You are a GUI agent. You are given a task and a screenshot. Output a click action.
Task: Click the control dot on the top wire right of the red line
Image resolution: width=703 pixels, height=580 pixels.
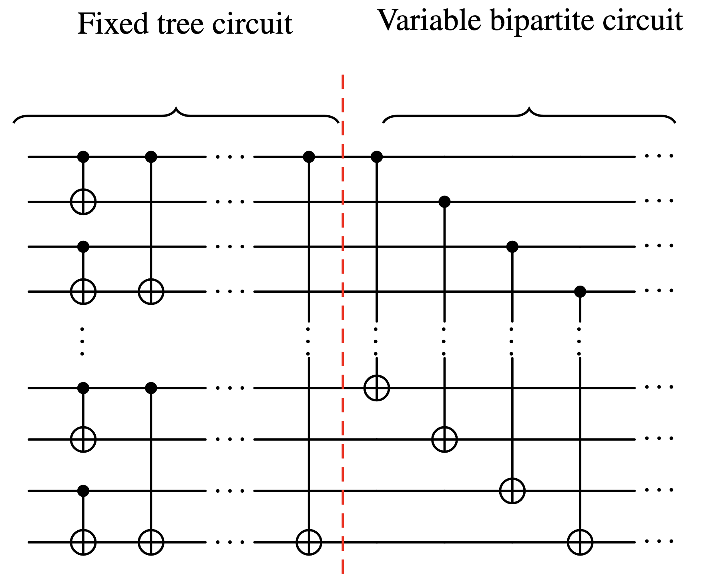377,157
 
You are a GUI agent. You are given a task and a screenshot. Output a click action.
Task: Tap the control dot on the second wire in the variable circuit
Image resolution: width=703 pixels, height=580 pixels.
444,201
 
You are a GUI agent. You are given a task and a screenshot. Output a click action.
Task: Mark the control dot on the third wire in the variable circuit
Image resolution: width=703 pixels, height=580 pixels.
512,246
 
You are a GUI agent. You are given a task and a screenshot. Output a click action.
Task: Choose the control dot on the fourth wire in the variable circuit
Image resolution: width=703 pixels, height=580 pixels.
580,291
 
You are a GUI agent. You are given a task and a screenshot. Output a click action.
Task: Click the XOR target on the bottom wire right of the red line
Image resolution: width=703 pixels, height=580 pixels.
580,542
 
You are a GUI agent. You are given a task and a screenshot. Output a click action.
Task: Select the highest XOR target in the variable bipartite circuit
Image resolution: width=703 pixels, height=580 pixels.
377,388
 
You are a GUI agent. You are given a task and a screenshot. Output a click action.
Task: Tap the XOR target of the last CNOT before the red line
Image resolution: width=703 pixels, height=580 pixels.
309,542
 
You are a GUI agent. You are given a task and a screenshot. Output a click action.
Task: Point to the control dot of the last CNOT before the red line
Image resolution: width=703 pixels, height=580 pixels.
309,157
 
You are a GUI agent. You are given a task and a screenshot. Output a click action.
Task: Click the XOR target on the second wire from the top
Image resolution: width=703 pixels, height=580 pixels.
83,201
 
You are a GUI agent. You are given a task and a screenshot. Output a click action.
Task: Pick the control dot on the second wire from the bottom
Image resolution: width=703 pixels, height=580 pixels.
83,491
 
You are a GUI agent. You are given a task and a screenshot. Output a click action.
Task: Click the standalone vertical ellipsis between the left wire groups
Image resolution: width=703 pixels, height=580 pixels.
82,341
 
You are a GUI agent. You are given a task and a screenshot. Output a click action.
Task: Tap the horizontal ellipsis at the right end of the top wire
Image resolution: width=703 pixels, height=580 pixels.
659,156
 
